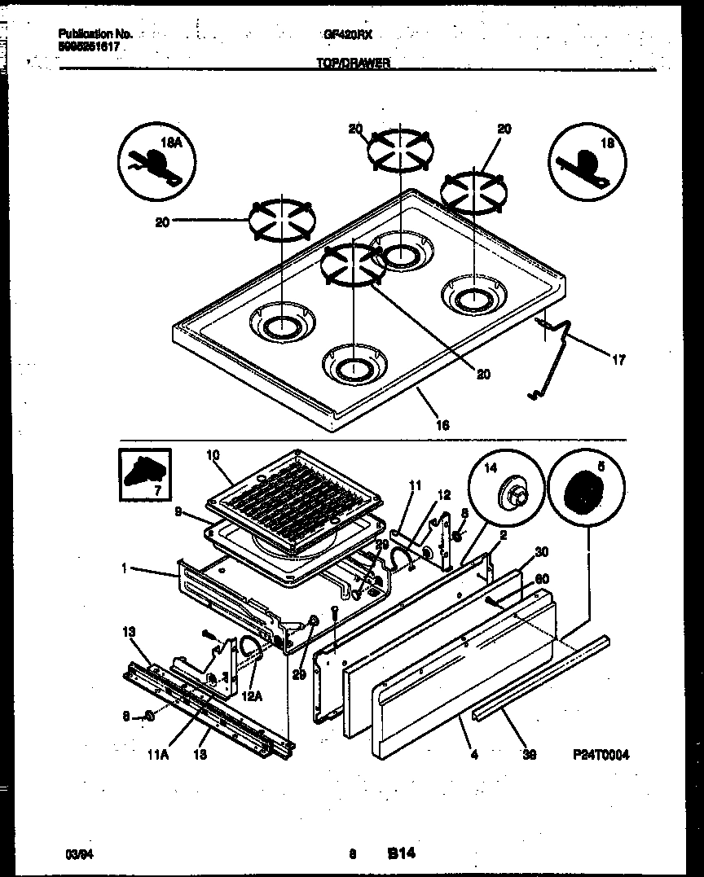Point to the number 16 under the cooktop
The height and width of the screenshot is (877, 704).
442,423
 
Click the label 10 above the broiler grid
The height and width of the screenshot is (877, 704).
213,455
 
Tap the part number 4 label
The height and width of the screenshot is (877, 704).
475,754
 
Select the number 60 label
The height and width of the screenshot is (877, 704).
539,579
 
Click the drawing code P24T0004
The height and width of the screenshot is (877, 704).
601,754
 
